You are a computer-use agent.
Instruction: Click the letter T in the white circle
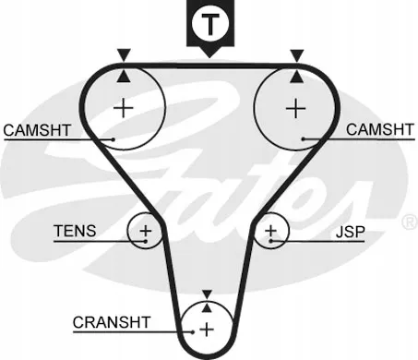pyautogui.click(x=210, y=24)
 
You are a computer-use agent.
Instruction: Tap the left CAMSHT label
pyautogui.click(x=37, y=130)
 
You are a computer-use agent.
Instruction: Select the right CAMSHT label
pyautogui.click(x=380, y=129)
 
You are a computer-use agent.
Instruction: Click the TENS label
pyautogui.click(x=75, y=231)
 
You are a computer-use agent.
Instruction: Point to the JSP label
pyautogui.click(x=350, y=232)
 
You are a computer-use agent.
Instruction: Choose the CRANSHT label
pyautogui.click(x=112, y=322)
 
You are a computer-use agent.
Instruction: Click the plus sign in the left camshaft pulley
pyautogui.click(x=124, y=108)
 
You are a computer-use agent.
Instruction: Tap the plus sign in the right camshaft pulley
pyautogui.click(x=296, y=108)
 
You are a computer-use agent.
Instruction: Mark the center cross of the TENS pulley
pyautogui.click(x=146, y=231)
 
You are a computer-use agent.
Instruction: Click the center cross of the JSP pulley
pyautogui.click(x=271, y=231)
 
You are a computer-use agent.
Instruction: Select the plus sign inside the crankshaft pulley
pyautogui.click(x=207, y=330)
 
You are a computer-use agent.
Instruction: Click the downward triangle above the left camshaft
pyautogui.click(x=124, y=55)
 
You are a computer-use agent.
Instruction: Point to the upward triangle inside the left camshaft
pyautogui.click(x=124, y=76)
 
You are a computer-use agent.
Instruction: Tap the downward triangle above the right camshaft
pyautogui.click(x=297, y=55)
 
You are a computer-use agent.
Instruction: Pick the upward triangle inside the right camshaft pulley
pyautogui.click(x=297, y=77)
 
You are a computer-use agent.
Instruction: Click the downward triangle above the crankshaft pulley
pyautogui.click(x=208, y=294)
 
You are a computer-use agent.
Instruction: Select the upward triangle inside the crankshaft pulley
pyautogui.click(x=208, y=307)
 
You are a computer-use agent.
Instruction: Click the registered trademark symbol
pyautogui.click(x=410, y=222)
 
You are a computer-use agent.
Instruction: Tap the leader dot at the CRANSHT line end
pyautogui.click(x=193, y=332)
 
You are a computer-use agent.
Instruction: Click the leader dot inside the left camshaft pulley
pyautogui.click(x=113, y=139)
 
